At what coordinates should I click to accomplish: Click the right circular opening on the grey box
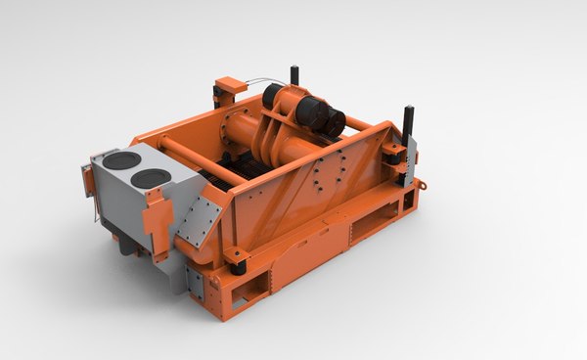151,177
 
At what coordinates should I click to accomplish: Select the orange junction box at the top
228,86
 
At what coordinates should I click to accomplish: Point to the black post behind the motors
293,75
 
